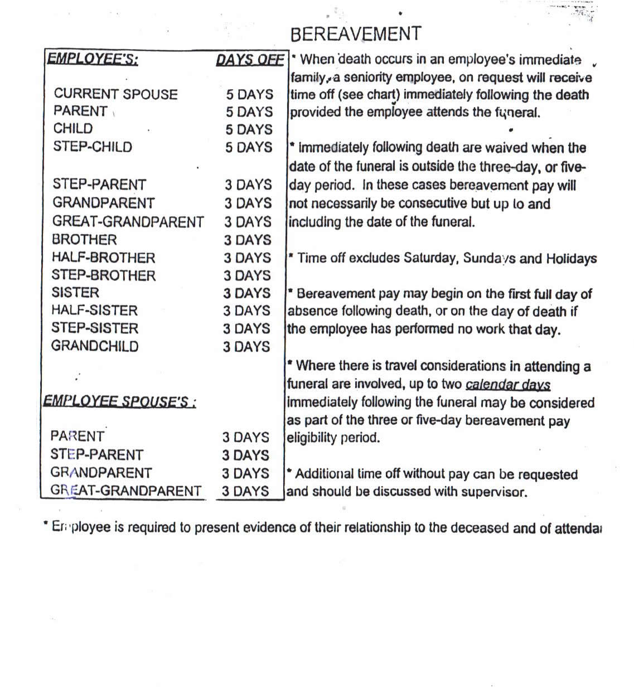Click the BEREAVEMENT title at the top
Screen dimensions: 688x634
point(356,34)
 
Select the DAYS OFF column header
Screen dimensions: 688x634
point(250,60)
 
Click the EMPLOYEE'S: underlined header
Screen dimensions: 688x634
point(93,59)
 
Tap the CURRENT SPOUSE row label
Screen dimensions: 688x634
point(115,94)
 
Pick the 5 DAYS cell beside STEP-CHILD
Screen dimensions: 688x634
point(249,147)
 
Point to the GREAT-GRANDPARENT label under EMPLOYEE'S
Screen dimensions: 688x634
point(128,222)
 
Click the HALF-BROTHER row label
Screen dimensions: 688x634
point(103,258)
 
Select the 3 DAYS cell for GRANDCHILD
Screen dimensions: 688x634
point(246,347)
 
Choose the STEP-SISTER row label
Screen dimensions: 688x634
point(95,328)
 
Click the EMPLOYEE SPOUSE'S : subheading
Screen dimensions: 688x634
point(119,401)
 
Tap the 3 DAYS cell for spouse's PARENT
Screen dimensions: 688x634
point(246,438)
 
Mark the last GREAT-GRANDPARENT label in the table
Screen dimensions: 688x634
point(125,491)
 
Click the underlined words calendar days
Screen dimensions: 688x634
point(507,385)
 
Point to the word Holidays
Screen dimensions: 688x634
point(571,259)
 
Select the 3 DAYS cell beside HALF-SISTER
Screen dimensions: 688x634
point(246,311)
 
